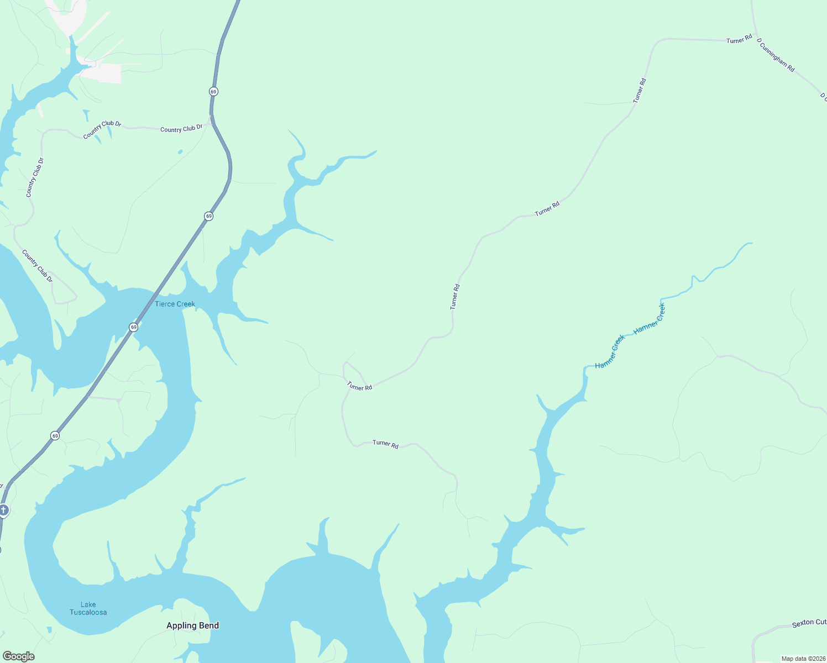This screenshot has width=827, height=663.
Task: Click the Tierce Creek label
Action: (175, 304)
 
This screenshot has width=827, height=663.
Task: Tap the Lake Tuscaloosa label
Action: (88, 608)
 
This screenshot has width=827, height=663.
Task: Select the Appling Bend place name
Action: (192, 625)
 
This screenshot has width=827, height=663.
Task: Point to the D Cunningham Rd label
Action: (776, 55)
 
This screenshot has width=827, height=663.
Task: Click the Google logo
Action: (19, 656)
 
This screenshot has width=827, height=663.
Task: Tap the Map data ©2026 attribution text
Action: (803, 659)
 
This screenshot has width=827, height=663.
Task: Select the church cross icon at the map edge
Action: (3, 509)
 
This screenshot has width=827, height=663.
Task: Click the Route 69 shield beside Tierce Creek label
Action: (134, 327)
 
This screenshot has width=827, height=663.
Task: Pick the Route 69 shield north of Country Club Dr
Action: (213, 91)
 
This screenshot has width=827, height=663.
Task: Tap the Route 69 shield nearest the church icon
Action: (55, 436)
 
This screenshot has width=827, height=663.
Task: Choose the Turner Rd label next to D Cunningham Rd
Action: (739, 39)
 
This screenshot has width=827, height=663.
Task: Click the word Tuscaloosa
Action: (88, 612)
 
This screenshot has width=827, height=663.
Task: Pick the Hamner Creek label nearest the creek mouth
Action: (610, 351)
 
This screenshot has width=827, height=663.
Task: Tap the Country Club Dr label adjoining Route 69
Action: (181, 129)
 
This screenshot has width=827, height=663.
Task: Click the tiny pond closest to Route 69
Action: (180, 151)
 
